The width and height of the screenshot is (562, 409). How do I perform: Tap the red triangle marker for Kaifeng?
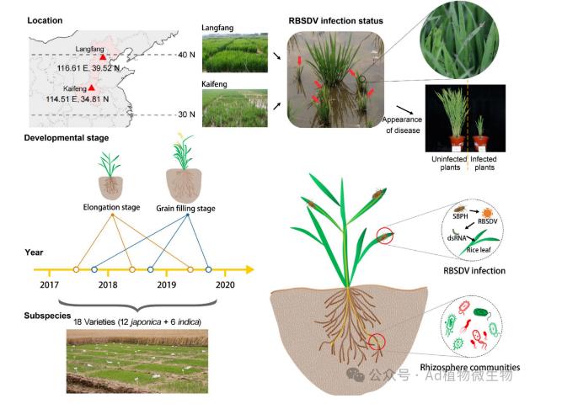click(92, 87)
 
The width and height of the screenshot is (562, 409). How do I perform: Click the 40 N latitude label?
click(187, 56)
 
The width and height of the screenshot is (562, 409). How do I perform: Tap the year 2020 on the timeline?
click(225, 286)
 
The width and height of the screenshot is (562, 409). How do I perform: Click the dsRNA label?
click(454, 238)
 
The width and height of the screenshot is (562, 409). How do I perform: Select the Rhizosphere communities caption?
click(472, 367)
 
